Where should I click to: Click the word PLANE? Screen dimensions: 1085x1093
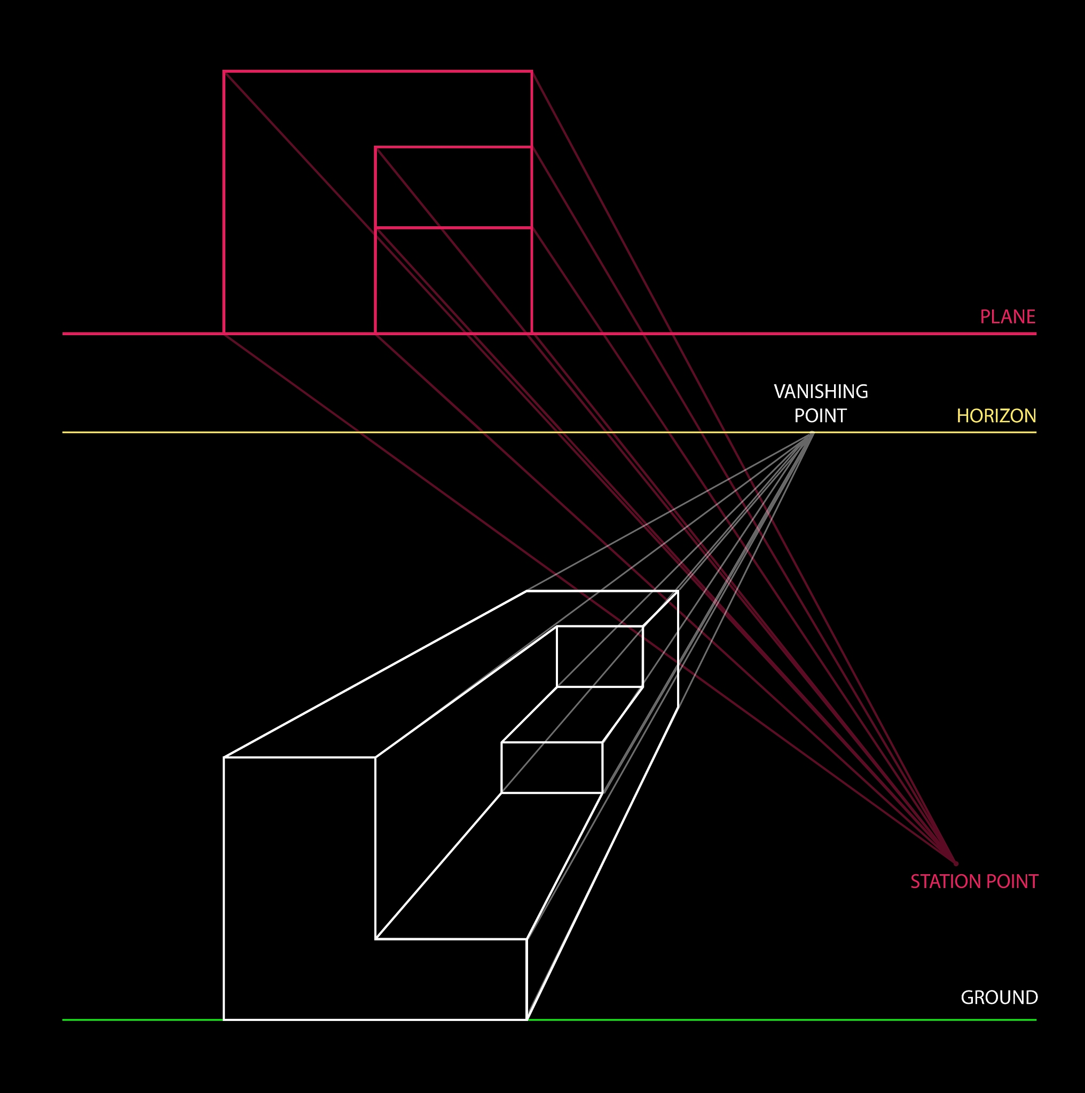point(1008,317)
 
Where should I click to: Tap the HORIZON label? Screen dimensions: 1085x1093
point(996,416)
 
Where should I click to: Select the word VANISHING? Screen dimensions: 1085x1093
point(821,392)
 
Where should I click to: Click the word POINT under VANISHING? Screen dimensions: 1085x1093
point(820,416)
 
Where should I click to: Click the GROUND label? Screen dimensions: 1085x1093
point(1000,997)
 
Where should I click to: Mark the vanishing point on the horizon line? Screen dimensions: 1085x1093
point(812,433)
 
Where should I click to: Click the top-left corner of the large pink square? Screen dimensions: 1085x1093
point(224,72)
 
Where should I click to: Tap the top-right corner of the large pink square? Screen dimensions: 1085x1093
point(531,72)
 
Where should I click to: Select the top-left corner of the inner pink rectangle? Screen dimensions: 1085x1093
point(375,147)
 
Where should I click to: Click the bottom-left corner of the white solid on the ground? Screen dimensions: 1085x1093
point(224,1019)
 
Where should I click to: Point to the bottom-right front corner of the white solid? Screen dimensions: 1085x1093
point(527,1019)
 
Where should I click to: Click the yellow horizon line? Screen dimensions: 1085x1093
point(549,433)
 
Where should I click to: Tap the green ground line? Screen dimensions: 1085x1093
point(549,1020)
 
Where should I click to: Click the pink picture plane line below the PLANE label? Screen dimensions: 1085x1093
point(549,334)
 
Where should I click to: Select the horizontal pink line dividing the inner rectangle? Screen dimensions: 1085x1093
point(453,228)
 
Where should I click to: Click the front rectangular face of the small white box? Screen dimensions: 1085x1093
point(552,767)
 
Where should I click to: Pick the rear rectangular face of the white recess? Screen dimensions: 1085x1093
point(600,657)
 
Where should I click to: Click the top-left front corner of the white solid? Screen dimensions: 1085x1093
point(224,757)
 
